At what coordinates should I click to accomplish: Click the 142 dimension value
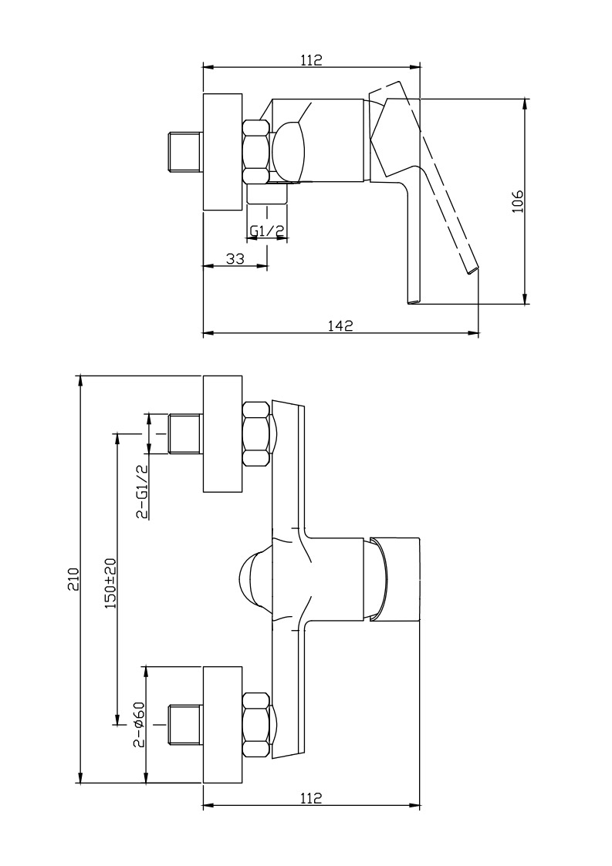click(340, 326)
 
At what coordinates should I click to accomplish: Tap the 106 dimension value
click(517, 201)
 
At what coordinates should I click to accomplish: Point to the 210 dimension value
click(73, 578)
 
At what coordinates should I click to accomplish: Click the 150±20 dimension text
click(110, 583)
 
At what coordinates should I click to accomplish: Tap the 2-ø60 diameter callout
click(139, 724)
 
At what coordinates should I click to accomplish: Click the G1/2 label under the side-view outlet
click(267, 231)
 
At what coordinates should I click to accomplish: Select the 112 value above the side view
click(311, 59)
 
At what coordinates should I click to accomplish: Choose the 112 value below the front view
click(311, 797)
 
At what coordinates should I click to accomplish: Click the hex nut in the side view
click(256, 151)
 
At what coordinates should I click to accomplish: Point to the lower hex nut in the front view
click(256, 725)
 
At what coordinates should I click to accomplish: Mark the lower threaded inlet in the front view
click(186, 725)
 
